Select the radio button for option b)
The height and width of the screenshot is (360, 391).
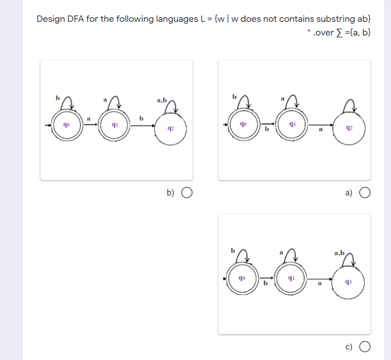187,193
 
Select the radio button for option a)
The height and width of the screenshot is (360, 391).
365,193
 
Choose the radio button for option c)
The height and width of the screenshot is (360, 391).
365,348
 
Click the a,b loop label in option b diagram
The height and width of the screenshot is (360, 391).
162,100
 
